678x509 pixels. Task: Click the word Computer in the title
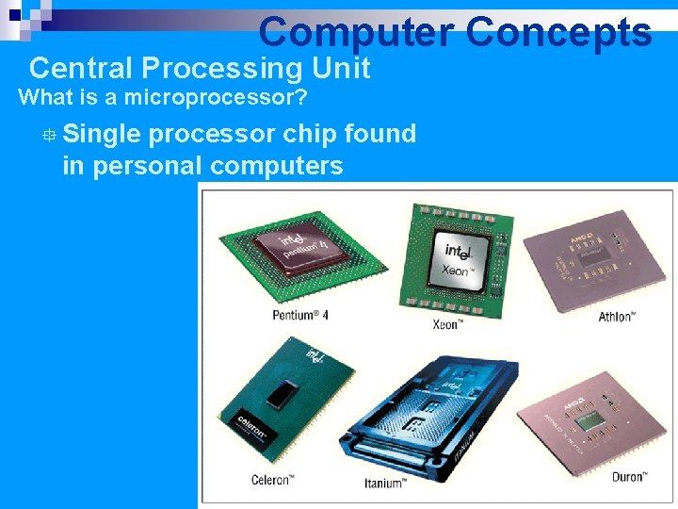coord(356,32)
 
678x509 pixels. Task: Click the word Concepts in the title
coord(557,32)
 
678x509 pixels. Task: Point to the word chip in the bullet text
coord(310,134)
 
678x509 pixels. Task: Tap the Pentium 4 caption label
coord(300,315)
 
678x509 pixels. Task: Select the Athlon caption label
coord(617,316)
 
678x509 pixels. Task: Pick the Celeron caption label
coord(272,481)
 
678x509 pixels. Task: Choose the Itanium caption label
coord(384,484)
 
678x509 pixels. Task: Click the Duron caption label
coord(627,477)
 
